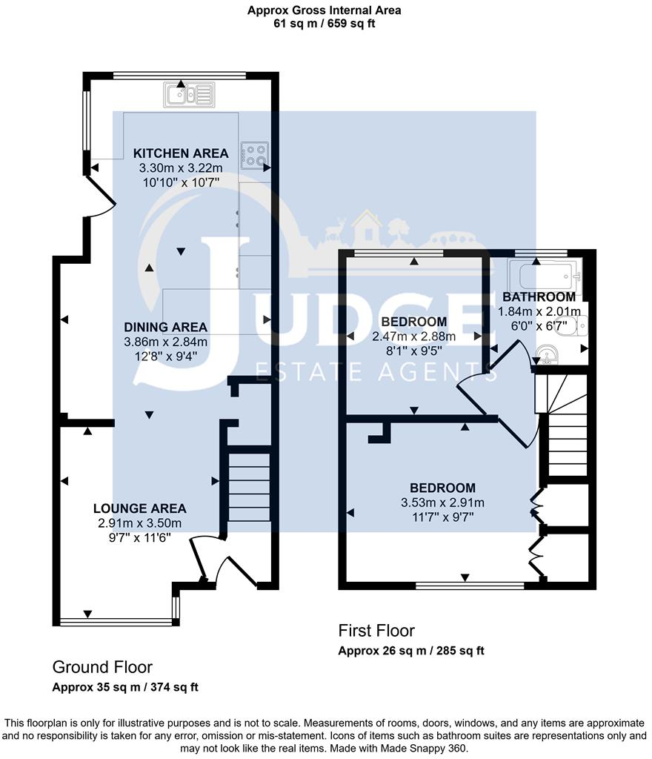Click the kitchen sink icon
[x=189, y=94]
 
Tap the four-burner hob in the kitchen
[x=255, y=156]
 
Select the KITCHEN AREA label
[x=181, y=153]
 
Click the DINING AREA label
[x=166, y=327]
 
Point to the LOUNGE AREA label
[x=140, y=508]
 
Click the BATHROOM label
[x=539, y=296]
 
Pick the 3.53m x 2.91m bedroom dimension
[x=442, y=503]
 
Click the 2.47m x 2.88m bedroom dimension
[x=414, y=337]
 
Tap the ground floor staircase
[x=249, y=487]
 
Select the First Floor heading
[x=376, y=631]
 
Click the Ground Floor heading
[x=102, y=667]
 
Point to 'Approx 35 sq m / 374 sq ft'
[x=125, y=687]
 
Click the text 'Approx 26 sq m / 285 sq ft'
[x=411, y=651]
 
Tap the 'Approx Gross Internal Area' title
[x=324, y=10]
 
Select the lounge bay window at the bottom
[x=116, y=622]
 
